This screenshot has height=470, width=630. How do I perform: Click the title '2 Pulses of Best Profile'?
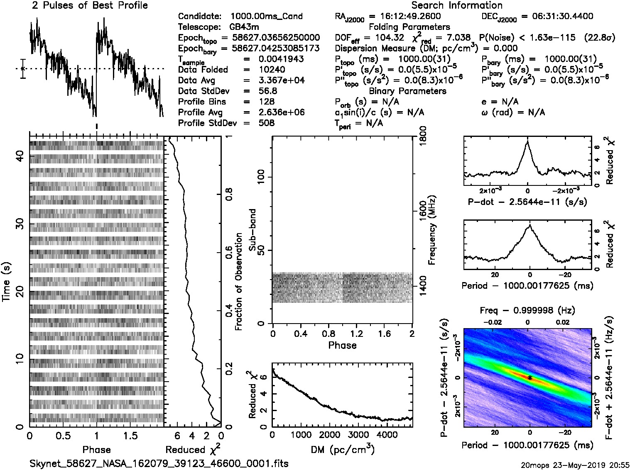90,6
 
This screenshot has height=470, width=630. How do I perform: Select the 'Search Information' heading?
457,6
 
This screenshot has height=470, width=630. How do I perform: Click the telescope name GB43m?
245,27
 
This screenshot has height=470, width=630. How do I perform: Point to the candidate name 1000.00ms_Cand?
266,17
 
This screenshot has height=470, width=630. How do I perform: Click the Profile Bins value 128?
266,102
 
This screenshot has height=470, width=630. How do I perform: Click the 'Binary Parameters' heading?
407,91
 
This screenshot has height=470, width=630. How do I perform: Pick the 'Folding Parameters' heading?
409,27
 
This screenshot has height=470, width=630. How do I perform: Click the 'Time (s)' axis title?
7,282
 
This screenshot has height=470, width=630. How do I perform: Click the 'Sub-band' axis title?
252,230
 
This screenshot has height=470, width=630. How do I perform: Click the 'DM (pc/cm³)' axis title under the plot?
342,450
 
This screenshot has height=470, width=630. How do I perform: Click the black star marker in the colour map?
530,377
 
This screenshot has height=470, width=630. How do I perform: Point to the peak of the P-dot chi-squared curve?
527,141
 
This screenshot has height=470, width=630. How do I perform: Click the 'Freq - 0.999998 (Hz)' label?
527,310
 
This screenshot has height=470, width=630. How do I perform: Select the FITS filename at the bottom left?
159,463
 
